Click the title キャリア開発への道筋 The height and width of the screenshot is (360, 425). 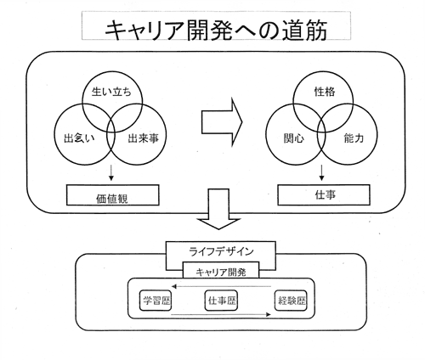tap(216, 30)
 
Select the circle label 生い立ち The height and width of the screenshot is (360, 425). tap(111, 92)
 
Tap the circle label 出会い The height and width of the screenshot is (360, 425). tap(79, 138)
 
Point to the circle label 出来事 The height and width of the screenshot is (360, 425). tap(143, 138)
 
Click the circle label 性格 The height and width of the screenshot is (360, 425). tap(325, 92)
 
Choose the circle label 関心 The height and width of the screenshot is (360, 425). tap(294, 138)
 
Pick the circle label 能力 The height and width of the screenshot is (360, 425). tap(354, 138)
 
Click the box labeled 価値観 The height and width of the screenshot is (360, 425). tap(113, 195)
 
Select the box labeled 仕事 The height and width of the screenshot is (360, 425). tap(324, 194)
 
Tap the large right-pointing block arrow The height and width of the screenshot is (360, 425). tap(222, 122)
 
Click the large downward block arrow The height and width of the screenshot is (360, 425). tap(218, 209)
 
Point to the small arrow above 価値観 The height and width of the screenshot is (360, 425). tap(111, 172)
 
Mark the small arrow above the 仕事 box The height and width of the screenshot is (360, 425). tap(321, 172)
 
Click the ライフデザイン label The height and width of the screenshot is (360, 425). tap(221, 251)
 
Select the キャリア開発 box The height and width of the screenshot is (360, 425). tap(221, 270)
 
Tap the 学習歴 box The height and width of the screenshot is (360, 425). tap(156, 301)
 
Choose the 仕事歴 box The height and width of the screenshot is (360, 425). tap(221, 301)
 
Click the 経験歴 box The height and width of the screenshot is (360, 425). tap(291, 301)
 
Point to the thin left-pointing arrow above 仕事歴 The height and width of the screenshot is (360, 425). tap(221, 286)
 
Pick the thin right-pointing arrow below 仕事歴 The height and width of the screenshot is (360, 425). tap(221, 314)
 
